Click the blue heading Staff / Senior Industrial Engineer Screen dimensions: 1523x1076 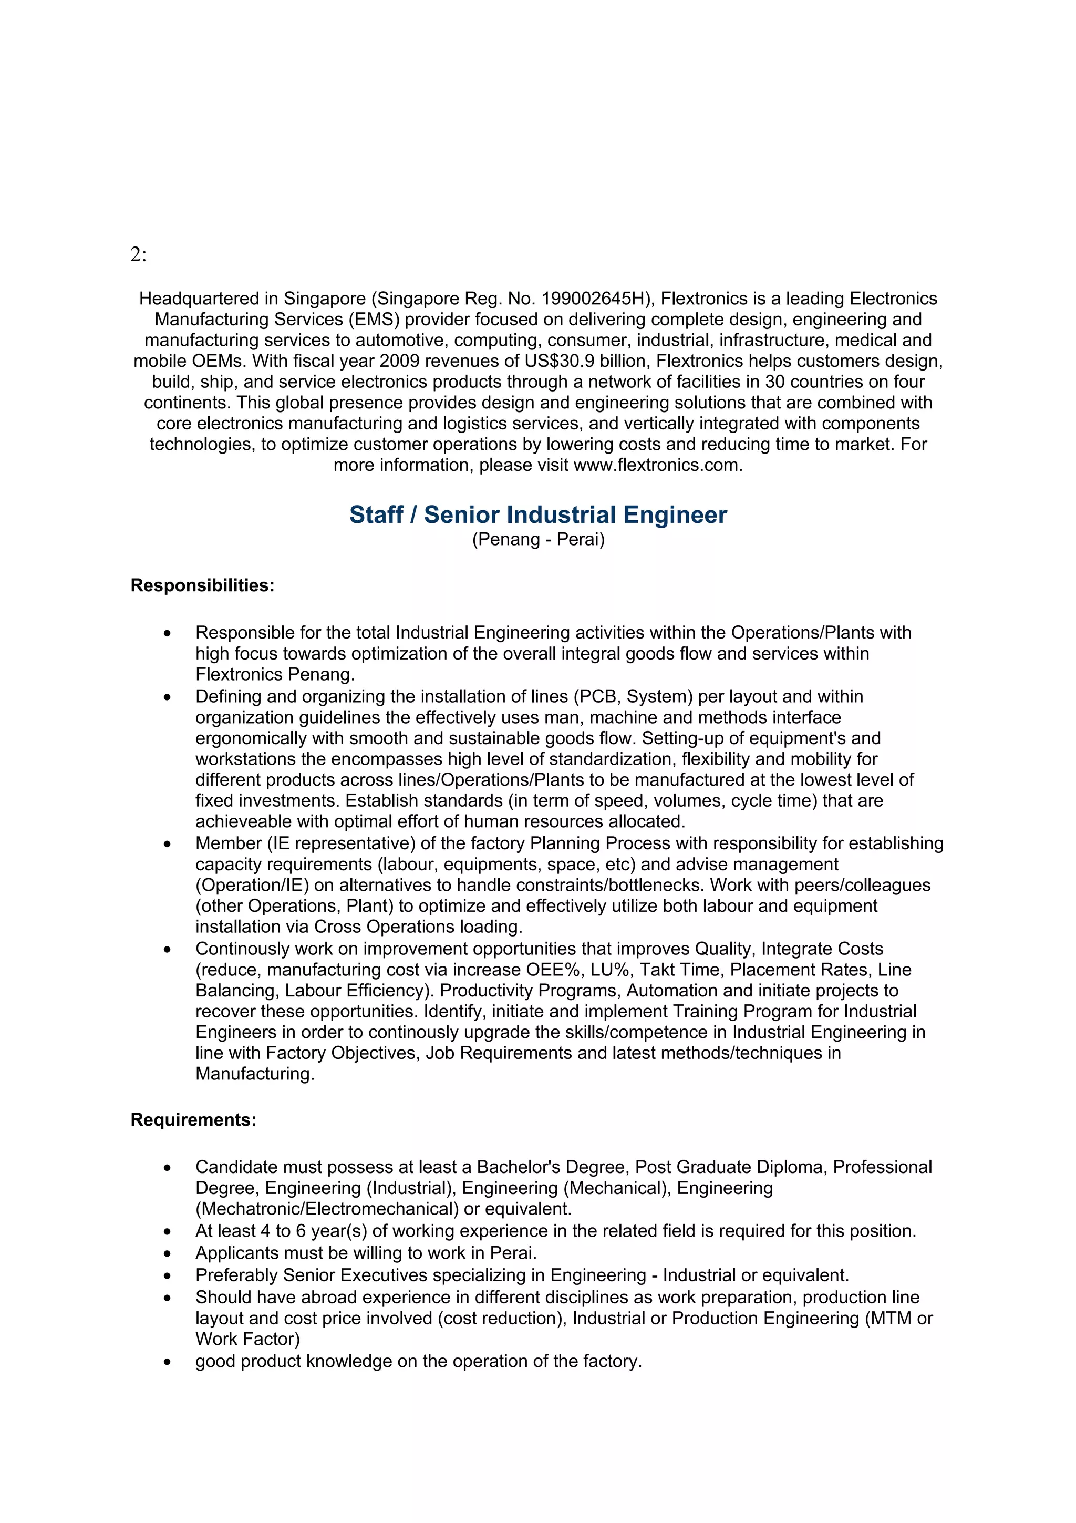point(537,514)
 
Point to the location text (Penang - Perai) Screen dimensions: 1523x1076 point(537,539)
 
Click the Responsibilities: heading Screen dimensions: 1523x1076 point(202,586)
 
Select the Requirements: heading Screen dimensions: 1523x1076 point(193,1120)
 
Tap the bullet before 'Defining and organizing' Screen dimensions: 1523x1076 point(167,698)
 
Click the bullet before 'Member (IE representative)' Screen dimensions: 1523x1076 point(167,845)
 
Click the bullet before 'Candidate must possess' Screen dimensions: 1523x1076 point(167,1168)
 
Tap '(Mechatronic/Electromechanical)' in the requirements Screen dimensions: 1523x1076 point(327,1209)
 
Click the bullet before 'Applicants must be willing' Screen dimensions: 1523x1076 point(167,1254)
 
